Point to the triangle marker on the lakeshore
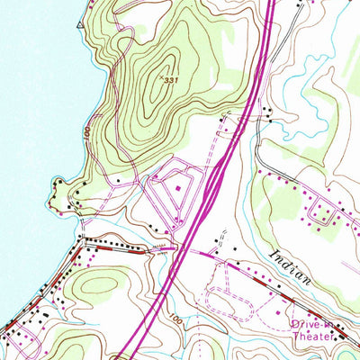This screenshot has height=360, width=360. (80, 25)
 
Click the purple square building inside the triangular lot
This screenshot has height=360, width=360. (177, 188)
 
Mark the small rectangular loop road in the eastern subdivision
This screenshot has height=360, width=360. (319, 213)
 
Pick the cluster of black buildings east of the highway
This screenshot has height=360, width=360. (268, 112)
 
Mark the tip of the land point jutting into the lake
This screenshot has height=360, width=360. (54, 184)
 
